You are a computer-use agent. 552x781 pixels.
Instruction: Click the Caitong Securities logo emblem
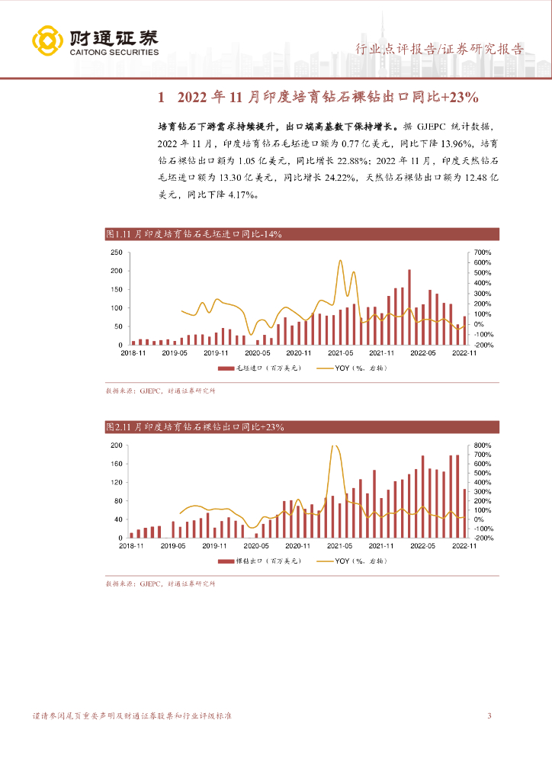47,42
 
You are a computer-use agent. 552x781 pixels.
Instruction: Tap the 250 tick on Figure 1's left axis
116,252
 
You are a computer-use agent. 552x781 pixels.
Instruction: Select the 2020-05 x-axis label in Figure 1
257,353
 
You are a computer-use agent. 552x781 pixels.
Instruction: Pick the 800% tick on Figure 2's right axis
485,445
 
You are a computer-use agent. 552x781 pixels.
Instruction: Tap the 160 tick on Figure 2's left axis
117,464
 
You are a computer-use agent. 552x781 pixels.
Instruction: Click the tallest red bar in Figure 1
409,307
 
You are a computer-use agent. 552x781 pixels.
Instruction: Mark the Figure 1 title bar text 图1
114,235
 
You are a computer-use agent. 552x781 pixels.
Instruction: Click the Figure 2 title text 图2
114,427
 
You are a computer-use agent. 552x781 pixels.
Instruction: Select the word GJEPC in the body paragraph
433,127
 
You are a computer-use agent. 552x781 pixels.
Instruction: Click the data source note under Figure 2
160,583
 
